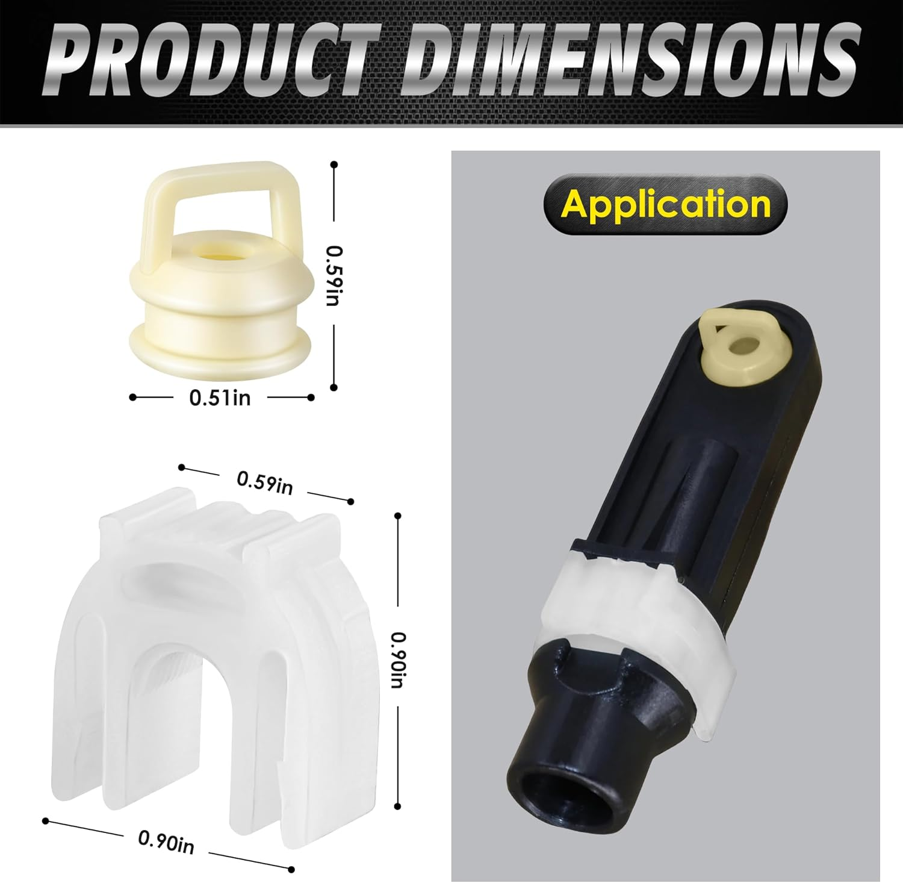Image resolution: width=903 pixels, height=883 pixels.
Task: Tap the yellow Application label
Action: point(665,204)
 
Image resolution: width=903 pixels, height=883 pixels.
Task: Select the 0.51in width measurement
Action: point(220,398)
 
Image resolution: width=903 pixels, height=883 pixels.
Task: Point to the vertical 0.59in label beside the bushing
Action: point(333,275)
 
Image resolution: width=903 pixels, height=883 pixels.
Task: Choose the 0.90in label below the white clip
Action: point(166,841)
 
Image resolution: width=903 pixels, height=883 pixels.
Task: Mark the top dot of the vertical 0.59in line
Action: point(334,164)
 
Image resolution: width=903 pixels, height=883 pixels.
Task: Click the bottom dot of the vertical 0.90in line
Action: point(397,806)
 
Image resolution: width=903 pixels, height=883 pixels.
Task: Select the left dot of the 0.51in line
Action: point(132,397)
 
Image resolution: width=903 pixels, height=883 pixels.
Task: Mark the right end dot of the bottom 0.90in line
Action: point(291,869)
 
